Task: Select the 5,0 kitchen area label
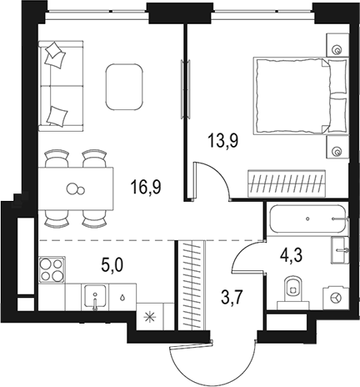click(x=112, y=265)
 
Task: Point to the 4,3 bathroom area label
click(x=291, y=255)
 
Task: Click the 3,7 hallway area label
click(x=232, y=298)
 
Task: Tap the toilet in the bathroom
click(x=293, y=294)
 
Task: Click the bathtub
click(x=308, y=219)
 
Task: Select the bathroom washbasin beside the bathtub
click(x=339, y=250)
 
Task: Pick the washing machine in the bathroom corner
click(x=336, y=298)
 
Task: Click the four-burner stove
click(x=52, y=269)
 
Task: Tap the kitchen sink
click(x=95, y=297)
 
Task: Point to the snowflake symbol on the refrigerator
click(x=150, y=317)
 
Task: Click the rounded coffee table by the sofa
click(x=124, y=87)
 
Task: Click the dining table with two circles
click(x=76, y=188)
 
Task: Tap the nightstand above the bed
click(x=337, y=45)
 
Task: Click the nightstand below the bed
click(x=337, y=147)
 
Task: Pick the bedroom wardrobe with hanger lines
click(x=287, y=183)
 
